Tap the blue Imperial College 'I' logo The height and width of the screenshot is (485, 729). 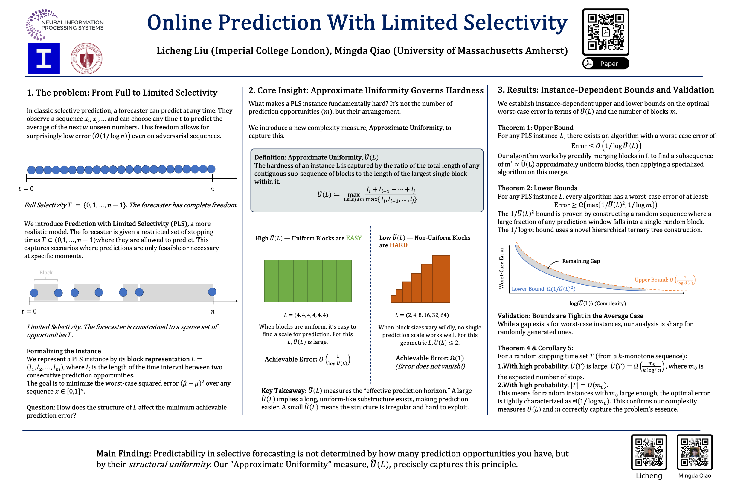(x=43, y=59)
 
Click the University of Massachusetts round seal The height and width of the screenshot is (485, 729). (x=86, y=59)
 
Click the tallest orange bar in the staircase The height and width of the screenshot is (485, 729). (x=441, y=278)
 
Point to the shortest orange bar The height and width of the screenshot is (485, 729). (x=393, y=299)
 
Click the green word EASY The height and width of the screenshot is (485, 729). (x=354, y=238)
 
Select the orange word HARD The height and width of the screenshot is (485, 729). (x=398, y=245)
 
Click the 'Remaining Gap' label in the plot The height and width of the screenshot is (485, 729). (x=581, y=261)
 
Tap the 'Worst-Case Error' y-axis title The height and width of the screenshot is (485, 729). (x=501, y=268)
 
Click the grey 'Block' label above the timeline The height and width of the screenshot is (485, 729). (x=46, y=272)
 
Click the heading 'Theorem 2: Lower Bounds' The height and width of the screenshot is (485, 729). (x=537, y=188)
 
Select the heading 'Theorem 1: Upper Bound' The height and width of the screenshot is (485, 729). (x=535, y=128)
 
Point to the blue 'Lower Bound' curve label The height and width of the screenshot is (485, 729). (x=543, y=288)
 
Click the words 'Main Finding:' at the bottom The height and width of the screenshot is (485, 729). (x=123, y=453)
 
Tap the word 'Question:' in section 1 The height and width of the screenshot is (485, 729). (x=41, y=407)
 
